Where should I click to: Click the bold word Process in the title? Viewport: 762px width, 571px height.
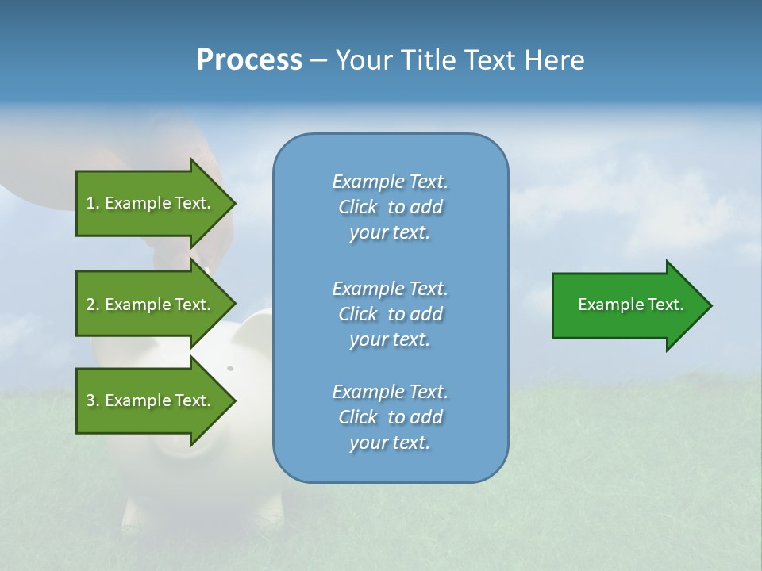point(249,60)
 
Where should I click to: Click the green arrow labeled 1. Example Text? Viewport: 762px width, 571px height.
point(151,203)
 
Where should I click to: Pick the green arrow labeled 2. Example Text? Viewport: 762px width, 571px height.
point(151,305)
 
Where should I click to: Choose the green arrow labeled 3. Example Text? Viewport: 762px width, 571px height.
point(151,400)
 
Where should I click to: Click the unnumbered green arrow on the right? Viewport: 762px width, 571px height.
point(627,305)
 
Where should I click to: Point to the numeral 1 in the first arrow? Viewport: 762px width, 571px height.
point(90,203)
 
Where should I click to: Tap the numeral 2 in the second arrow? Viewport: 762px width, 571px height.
point(90,305)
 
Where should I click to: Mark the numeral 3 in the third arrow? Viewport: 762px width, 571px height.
point(90,400)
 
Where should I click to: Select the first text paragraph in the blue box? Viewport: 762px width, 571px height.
point(390,207)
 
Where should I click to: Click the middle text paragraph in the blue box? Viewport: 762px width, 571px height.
point(390,313)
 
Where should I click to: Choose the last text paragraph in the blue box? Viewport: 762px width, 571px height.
point(390,417)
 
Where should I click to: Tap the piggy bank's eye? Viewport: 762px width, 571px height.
point(230,368)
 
